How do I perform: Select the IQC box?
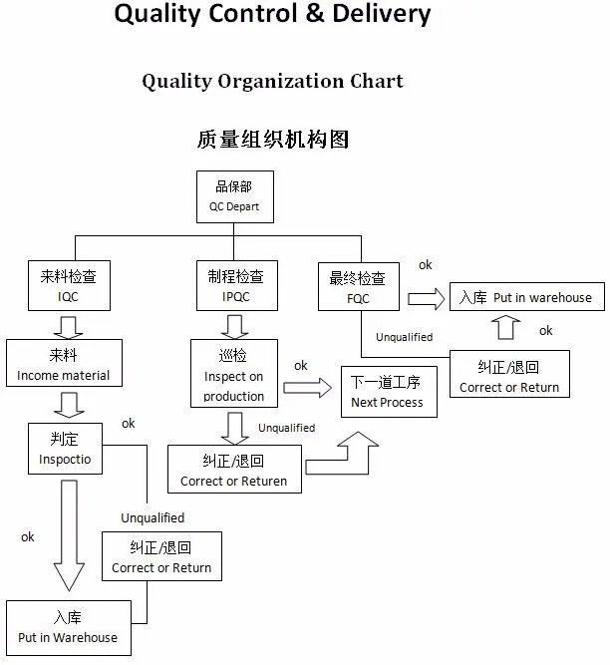(x=68, y=285)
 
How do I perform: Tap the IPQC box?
(x=236, y=285)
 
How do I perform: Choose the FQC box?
(x=358, y=287)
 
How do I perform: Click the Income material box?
(x=64, y=364)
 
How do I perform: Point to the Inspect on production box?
(x=234, y=373)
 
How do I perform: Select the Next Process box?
(x=388, y=392)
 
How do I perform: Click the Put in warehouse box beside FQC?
(x=525, y=297)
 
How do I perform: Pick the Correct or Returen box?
(x=233, y=470)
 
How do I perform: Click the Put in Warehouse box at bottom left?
(x=68, y=627)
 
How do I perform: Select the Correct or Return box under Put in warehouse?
(x=509, y=376)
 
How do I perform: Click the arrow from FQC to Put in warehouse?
(x=426, y=298)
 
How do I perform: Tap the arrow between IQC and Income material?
(x=68, y=326)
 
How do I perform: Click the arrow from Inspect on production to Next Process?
(x=311, y=389)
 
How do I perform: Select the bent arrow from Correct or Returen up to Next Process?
(x=349, y=454)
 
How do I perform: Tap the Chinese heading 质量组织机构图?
(x=272, y=139)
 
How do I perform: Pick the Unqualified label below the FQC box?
(x=404, y=337)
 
